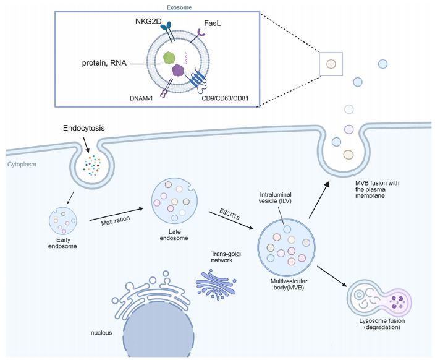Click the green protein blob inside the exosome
[x=170, y=59]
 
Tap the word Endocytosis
[x=83, y=129]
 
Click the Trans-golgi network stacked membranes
[x=217, y=283]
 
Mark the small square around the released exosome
[x=331, y=63]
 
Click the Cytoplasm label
[x=23, y=165]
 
